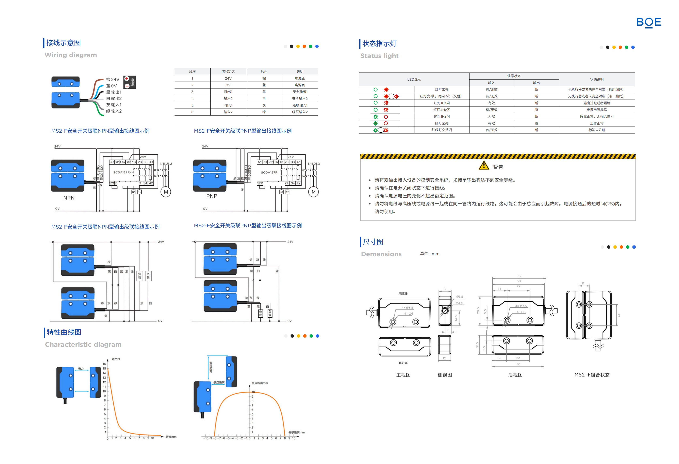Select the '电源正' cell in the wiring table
point(300,78)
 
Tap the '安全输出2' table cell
point(300,98)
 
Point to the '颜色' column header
point(264,71)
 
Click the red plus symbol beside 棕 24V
point(127,79)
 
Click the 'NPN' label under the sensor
point(69,198)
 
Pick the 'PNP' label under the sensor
point(212,196)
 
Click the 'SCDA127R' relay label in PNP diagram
point(269,172)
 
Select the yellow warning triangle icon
point(484,166)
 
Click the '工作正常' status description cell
point(597,123)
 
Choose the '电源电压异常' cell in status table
point(597,110)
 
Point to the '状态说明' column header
point(597,79)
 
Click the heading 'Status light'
point(379,56)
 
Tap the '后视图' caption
point(515,375)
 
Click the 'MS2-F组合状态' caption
point(592,375)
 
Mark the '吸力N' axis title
point(116,359)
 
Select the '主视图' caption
point(403,375)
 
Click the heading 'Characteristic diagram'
point(83,345)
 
